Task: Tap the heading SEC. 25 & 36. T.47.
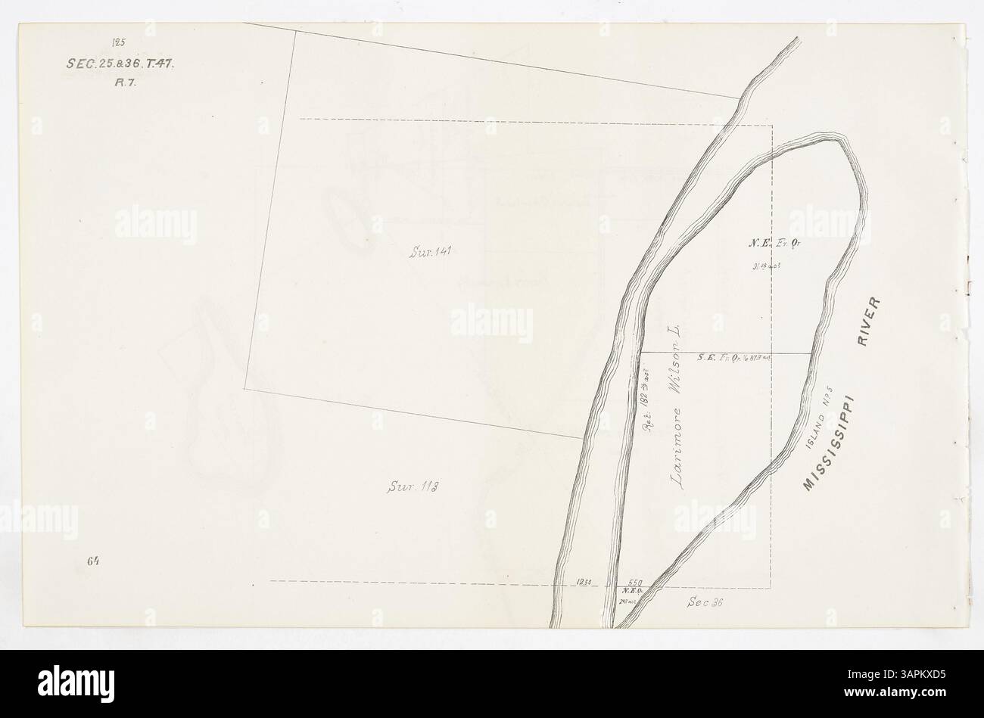coord(120,64)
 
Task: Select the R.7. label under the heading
coord(120,83)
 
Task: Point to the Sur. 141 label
coord(430,252)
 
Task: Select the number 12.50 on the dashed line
coord(584,583)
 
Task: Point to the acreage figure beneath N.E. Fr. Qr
coord(767,266)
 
